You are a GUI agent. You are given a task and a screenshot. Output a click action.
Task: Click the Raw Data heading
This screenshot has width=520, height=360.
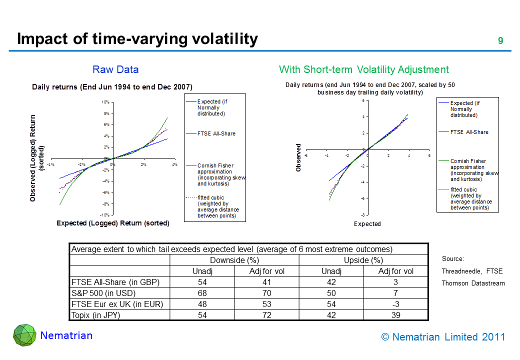point(115,69)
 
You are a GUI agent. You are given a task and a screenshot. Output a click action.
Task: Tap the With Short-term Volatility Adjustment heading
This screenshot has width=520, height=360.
point(363,69)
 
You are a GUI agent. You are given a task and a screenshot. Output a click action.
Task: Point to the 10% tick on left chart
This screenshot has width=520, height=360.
point(105,102)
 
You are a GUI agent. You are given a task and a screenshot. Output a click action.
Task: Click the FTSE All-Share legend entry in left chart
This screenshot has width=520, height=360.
point(216,133)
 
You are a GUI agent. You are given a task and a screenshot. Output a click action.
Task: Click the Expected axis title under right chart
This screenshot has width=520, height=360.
point(367,224)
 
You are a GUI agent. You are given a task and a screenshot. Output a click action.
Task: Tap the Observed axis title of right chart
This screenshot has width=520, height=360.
point(299,158)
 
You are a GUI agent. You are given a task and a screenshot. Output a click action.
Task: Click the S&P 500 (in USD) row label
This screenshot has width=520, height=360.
point(103,292)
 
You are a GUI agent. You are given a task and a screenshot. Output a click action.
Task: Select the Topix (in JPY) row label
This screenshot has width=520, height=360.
point(96,314)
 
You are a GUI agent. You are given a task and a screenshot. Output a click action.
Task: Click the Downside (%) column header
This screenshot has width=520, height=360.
point(234,260)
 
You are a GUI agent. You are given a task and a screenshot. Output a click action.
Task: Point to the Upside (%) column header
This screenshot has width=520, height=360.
point(363,260)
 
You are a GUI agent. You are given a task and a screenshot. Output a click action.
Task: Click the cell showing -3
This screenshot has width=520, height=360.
point(395,303)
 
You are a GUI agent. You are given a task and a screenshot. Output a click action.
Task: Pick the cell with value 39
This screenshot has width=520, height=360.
point(395,314)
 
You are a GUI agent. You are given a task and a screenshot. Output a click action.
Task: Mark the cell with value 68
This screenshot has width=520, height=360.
point(202,292)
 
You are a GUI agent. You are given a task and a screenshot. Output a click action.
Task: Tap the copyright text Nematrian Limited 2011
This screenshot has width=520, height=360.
point(443,337)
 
